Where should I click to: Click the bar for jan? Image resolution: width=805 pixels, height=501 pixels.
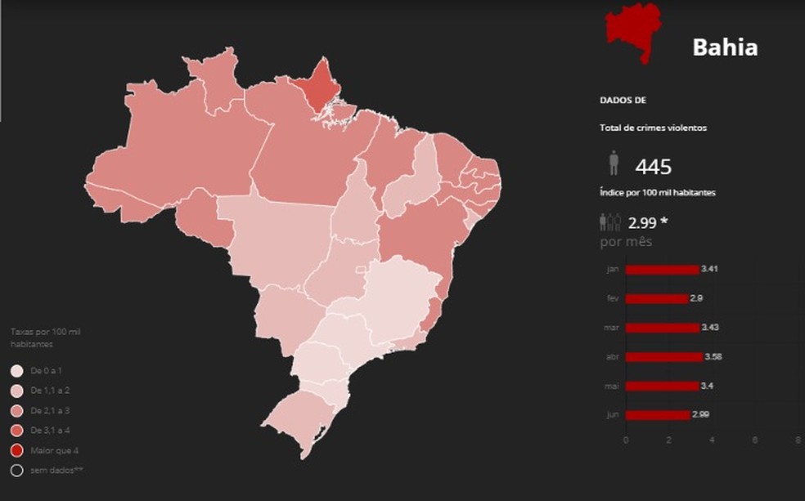coord(662,270)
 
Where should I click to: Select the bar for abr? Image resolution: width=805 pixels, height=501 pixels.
coord(663,357)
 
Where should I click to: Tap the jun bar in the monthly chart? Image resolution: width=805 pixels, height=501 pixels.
coord(657,415)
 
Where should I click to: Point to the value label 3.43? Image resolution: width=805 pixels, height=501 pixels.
coord(711,328)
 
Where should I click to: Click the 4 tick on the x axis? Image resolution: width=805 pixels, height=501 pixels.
coord(712,440)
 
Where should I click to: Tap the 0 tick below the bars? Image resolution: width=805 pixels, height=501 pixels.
coord(626,440)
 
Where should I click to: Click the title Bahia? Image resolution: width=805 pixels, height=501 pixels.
coord(725,47)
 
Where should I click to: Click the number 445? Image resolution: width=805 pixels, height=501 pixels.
coord(653,168)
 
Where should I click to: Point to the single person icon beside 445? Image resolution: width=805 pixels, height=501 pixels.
coord(614,163)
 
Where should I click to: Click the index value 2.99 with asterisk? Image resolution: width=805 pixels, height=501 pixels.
coord(645,222)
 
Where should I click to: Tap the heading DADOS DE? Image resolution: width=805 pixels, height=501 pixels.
coord(623,101)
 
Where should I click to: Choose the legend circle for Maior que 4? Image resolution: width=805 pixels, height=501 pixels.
coord(17,450)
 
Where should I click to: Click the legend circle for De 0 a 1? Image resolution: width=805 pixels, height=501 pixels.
coord(17,371)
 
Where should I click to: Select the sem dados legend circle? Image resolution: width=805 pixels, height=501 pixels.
coord(17,470)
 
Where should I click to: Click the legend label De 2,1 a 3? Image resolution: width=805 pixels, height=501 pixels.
coord(52,410)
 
